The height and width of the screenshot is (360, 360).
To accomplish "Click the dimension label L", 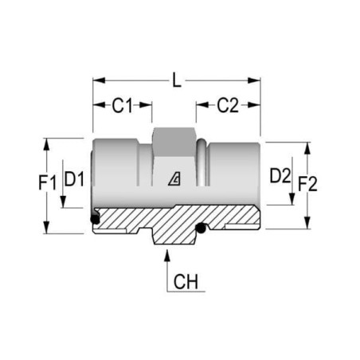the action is [x=177, y=80].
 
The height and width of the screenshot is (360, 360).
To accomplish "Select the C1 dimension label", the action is [x=122, y=105].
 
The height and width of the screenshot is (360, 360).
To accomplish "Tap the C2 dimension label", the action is [x=228, y=105].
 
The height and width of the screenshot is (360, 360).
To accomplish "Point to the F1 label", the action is [x=48, y=183].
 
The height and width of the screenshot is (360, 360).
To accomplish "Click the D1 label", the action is [x=74, y=179].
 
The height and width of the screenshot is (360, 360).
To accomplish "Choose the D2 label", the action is [x=280, y=176].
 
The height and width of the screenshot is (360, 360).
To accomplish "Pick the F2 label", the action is [x=307, y=184].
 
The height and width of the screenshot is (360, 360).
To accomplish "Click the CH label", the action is [x=186, y=282].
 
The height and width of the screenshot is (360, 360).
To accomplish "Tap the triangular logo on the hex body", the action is [x=174, y=178].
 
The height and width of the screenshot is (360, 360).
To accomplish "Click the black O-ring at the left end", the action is [x=95, y=219].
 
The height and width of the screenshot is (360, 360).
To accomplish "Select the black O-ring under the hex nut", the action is [x=201, y=228].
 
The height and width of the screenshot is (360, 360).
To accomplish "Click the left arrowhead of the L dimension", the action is [x=99, y=80].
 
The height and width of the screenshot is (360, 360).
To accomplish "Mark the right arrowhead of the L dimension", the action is [x=254, y=80].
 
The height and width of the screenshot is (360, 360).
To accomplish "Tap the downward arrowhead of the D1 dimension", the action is [x=63, y=202].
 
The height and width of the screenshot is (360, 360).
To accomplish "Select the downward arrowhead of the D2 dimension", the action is [x=292, y=199].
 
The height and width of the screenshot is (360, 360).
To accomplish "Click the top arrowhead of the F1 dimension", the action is [x=46, y=144].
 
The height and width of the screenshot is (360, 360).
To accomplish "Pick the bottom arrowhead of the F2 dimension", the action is [x=307, y=222].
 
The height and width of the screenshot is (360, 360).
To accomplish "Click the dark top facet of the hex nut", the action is [x=174, y=142].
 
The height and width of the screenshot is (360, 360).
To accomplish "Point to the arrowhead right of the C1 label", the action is [x=146, y=105].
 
